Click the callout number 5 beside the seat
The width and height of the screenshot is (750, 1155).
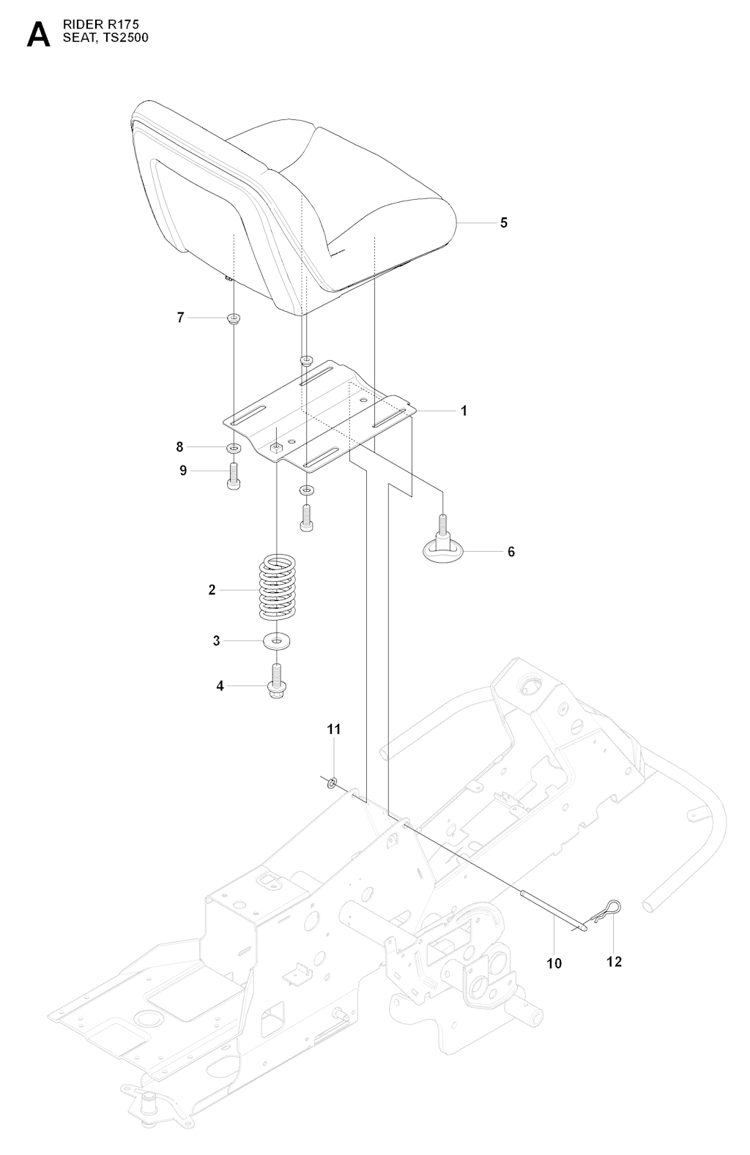[x=503, y=223]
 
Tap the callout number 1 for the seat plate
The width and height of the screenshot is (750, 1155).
[x=464, y=411]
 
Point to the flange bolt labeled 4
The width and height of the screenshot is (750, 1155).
[x=276, y=681]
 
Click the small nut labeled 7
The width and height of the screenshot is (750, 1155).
[x=234, y=318]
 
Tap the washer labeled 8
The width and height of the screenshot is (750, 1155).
[x=234, y=447]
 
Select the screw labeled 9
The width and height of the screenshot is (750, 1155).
[x=234, y=478]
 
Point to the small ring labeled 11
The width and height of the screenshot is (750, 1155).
[x=332, y=784]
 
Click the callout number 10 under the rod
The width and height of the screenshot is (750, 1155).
[x=554, y=963]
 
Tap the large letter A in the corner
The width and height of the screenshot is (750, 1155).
[x=38, y=34]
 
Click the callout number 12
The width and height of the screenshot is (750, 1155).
[x=614, y=962]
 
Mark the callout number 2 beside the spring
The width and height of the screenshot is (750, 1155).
[x=212, y=590]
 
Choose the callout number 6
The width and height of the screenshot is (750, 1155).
[x=511, y=551]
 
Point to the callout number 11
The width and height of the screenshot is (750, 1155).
[x=334, y=730]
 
